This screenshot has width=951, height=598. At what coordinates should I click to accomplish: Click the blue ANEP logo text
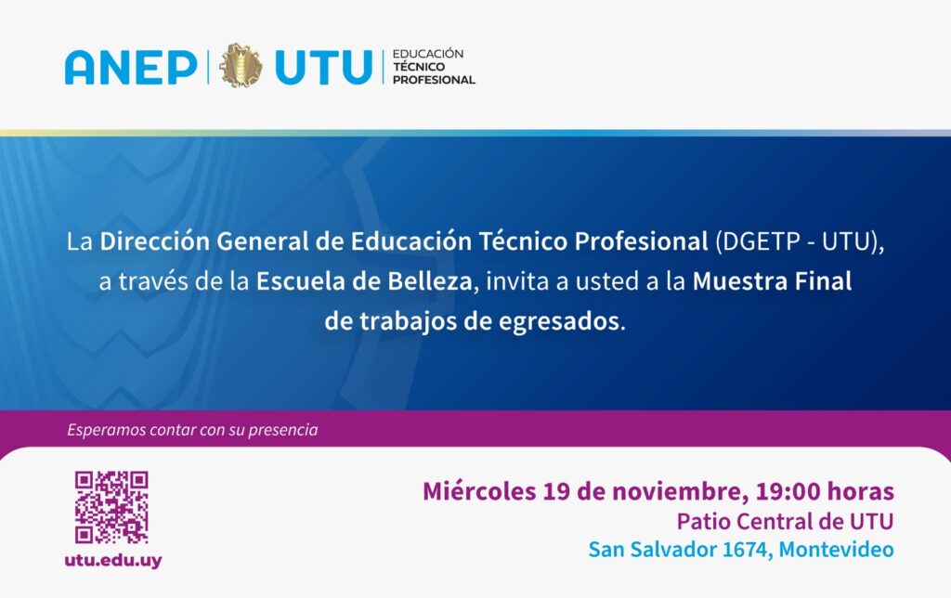[131, 67]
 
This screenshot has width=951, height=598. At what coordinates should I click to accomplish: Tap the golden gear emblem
[241, 66]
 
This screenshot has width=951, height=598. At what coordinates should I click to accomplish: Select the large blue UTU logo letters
[323, 67]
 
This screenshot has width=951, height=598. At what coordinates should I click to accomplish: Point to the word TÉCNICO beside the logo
[419, 67]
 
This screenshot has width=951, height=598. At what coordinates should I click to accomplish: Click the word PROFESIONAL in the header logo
[434, 80]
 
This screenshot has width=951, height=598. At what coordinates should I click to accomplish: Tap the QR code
[111, 507]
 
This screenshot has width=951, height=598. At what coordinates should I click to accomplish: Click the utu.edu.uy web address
[113, 560]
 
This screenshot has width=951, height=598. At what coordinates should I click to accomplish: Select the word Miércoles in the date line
[479, 490]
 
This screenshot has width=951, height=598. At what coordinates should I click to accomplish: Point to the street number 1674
[746, 550]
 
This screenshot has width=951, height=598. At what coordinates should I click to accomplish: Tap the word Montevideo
[837, 550]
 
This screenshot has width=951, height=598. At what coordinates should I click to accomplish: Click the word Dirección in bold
[154, 241]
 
